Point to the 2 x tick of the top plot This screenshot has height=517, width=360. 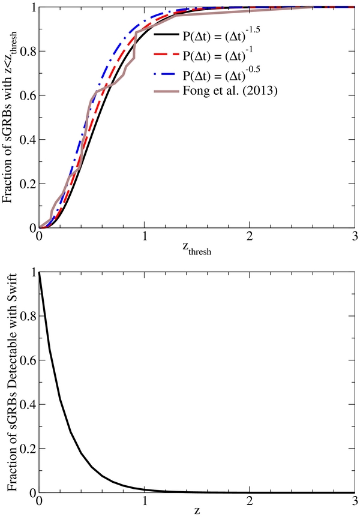(x=249, y=237)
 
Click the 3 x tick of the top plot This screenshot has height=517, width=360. (x=354, y=237)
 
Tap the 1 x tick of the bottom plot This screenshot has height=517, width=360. (x=144, y=501)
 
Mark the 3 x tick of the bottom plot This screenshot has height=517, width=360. (x=354, y=501)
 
